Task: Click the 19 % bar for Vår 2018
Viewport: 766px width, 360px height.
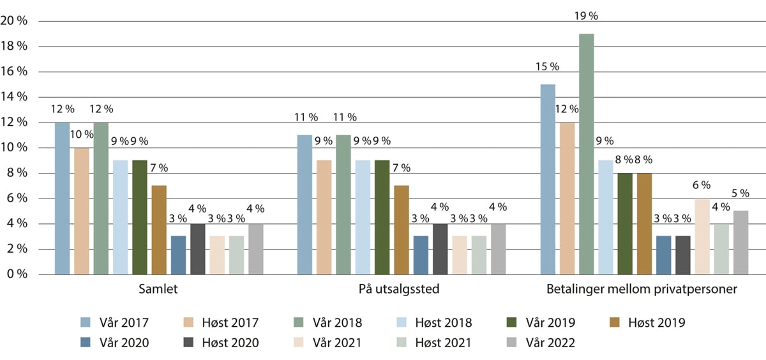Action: tap(586, 154)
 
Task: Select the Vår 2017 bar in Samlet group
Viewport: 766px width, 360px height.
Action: tap(62, 198)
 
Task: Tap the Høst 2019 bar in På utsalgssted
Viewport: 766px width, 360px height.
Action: tap(401, 230)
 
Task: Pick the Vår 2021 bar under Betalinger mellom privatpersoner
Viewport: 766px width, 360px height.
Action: tap(702, 236)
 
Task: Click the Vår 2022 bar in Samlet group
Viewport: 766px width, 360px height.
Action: tap(255, 249)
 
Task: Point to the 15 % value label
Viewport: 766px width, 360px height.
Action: tap(547, 66)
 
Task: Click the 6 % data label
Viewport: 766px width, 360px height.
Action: tap(702, 185)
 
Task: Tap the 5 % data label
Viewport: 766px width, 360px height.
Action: tap(740, 193)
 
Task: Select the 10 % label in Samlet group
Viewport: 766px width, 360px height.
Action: tap(81, 134)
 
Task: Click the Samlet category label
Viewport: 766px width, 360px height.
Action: tap(158, 290)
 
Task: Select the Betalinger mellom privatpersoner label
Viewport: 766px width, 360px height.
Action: tap(642, 290)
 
